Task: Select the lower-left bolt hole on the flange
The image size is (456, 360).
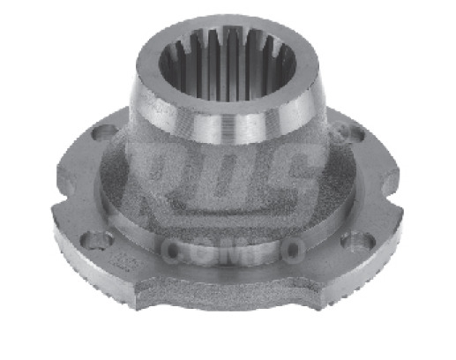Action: coord(100,239)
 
